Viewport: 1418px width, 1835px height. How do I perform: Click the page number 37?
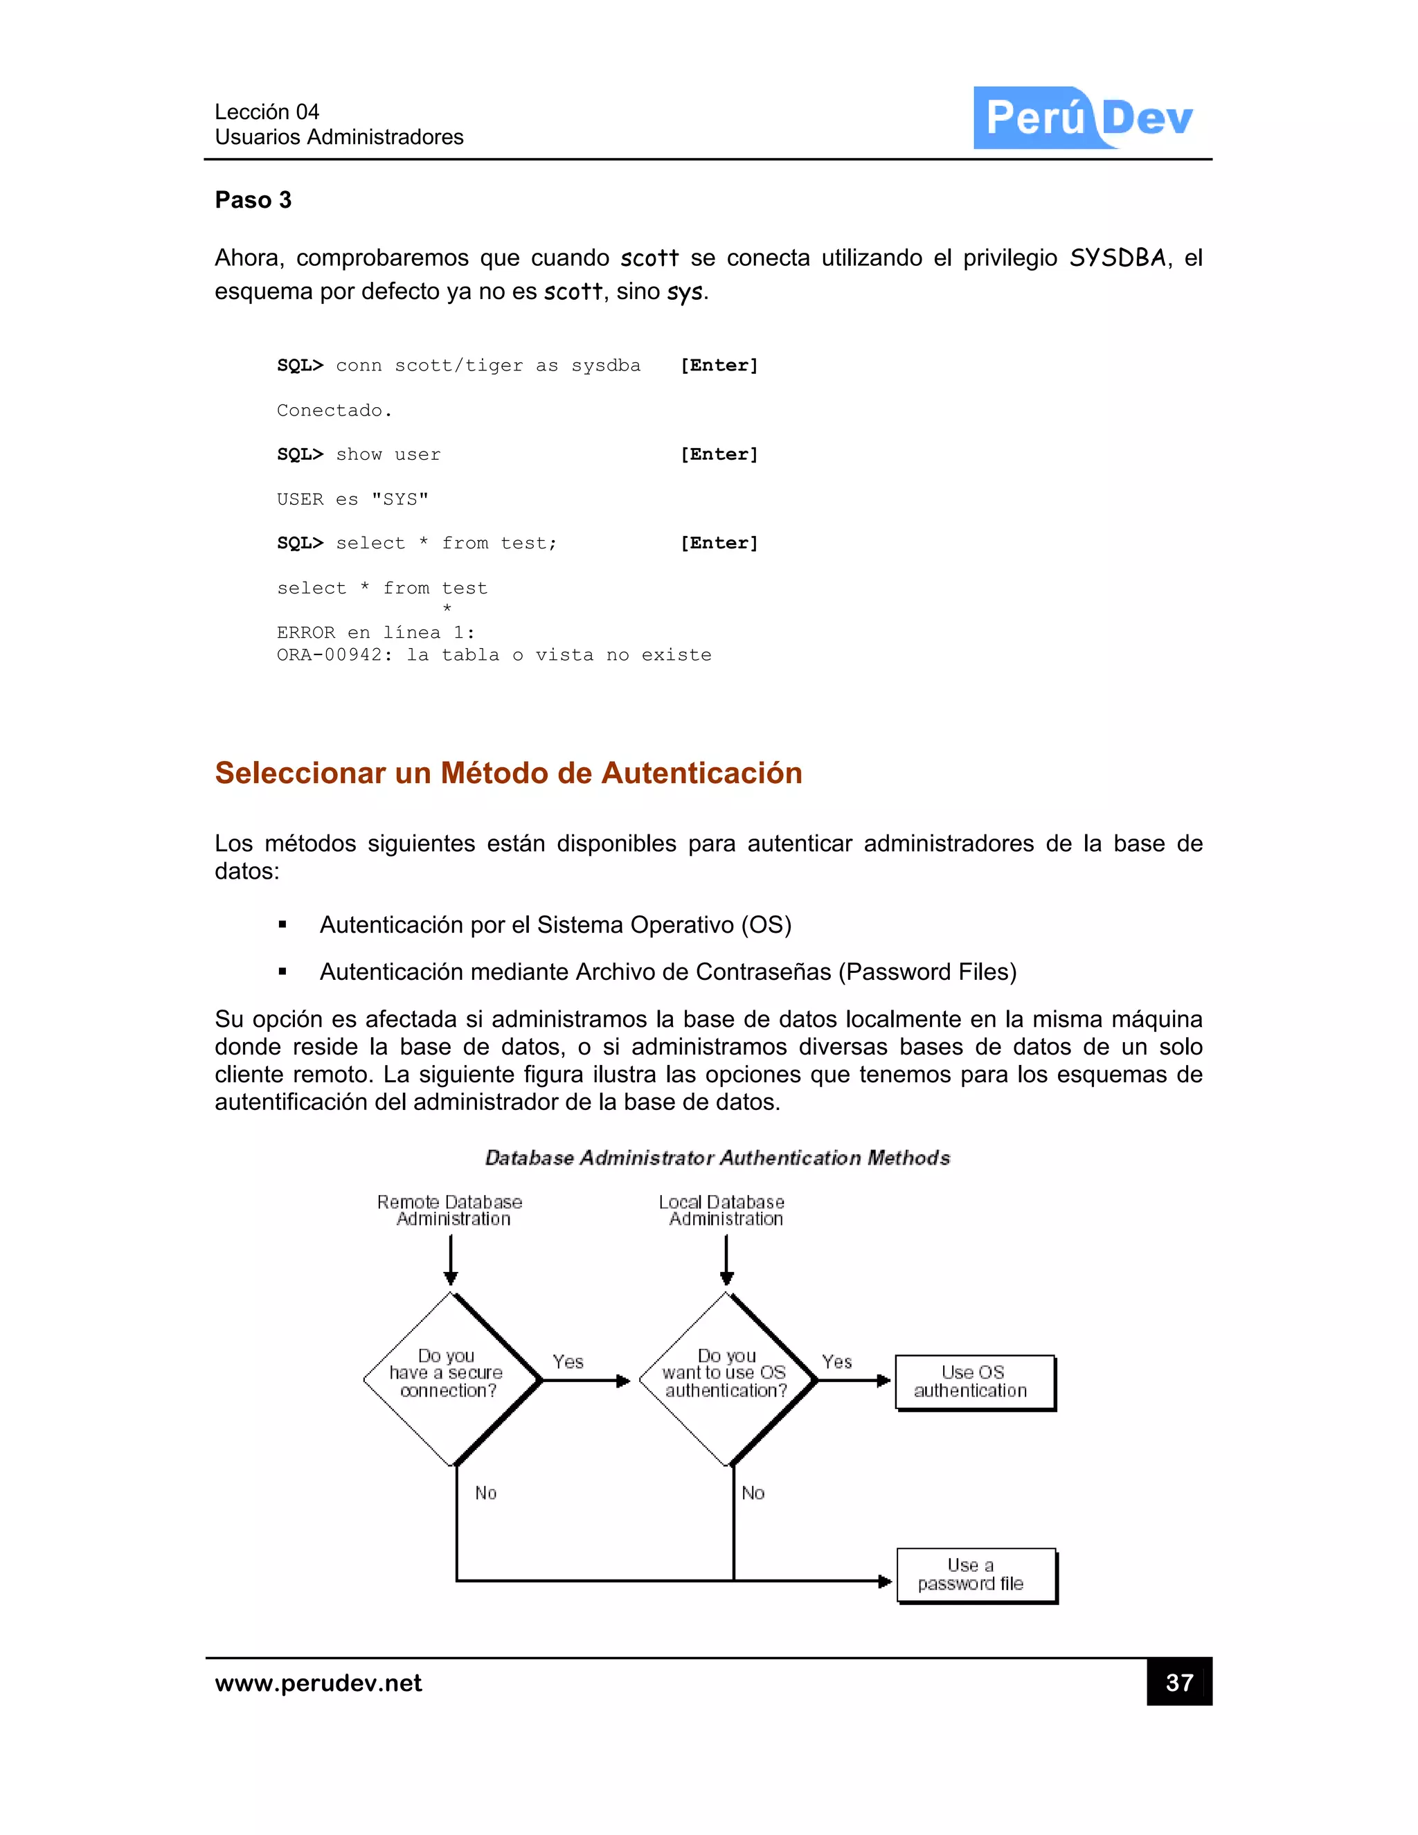(x=1178, y=1682)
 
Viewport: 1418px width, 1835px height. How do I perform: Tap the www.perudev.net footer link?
(x=318, y=1683)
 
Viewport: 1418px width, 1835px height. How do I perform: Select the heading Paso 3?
(x=253, y=200)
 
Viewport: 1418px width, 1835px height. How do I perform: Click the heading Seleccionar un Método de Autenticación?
(x=508, y=773)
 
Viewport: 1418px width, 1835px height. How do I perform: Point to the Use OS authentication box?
(x=973, y=1381)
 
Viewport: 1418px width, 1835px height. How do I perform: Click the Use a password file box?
(x=976, y=1575)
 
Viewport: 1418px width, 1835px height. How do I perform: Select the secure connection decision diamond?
(x=451, y=1379)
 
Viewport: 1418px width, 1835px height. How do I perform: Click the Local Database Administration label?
(x=724, y=1210)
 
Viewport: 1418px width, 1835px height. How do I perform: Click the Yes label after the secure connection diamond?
(x=568, y=1362)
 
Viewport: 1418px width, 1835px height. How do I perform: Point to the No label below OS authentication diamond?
(x=753, y=1493)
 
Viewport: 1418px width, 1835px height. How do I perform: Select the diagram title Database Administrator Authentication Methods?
(x=717, y=1158)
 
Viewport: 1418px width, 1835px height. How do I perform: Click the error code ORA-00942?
(x=332, y=655)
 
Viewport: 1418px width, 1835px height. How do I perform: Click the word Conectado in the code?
(x=330, y=411)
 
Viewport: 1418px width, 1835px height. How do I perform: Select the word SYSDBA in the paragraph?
(x=1118, y=258)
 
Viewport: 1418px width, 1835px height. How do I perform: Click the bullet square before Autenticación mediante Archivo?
(x=283, y=972)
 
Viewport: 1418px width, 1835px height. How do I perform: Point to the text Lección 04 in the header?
(x=267, y=111)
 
